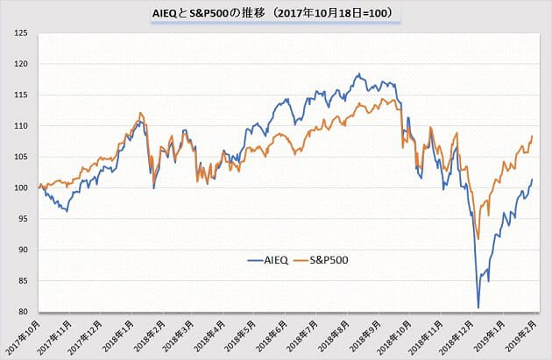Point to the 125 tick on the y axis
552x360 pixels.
click(22, 33)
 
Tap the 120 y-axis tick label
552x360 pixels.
click(22, 64)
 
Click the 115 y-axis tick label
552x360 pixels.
click(22, 95)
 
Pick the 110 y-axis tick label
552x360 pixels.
click(22, 126)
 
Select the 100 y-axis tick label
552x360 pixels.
click(22, 187)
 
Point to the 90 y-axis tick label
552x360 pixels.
click(23, 250)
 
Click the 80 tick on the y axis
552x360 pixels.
click(23, 312)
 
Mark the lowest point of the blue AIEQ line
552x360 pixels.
click(478, 307)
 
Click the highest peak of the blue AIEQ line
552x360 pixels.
click(359, 74)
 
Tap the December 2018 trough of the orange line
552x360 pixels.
click(478, 238)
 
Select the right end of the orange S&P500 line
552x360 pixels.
click(533, 136)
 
